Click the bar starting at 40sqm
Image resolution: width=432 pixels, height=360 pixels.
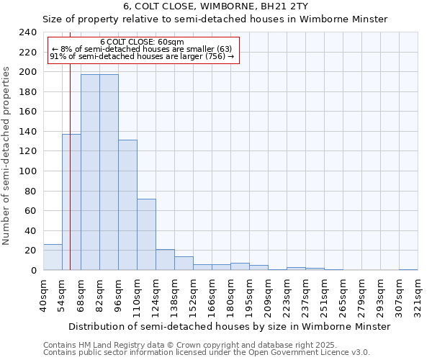point(53,257)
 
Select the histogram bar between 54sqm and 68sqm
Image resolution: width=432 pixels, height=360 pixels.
point(71,202)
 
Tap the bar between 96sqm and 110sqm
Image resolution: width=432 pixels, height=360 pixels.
point(127,205)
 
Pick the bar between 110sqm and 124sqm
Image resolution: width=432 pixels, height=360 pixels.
point(146,235)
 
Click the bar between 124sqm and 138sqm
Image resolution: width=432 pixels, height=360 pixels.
point(165,260)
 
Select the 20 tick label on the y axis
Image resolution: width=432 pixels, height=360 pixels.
point(30,251)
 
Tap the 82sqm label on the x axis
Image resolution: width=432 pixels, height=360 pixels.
point(100,295)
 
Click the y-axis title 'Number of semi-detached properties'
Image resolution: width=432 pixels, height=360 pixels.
point(7,151)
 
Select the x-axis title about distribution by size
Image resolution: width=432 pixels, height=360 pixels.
point(230,326)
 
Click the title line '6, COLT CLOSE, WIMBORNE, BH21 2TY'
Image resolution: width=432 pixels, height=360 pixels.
point(215,6)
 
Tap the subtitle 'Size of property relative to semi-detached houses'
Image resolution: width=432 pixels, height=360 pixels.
point(215,19)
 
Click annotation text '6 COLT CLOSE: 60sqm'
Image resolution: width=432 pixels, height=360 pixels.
point(142,42)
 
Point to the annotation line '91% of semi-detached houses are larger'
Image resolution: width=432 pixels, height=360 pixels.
point(142,56)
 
